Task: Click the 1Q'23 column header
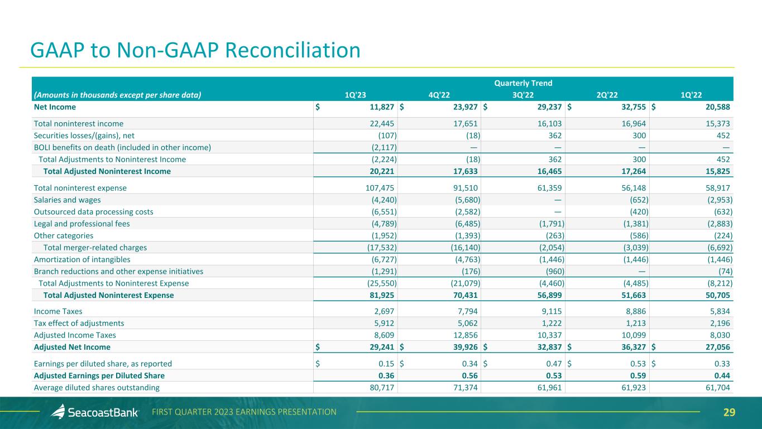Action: click(355, 95)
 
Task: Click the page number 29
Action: click(729, 412)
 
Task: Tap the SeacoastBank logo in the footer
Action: click(95, 412)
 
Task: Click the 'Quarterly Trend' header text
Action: click(523, 83)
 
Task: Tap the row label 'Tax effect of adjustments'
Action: click(79, 323)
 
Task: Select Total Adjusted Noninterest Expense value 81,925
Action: click(382, 295)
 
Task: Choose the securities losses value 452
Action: click(722, 135)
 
